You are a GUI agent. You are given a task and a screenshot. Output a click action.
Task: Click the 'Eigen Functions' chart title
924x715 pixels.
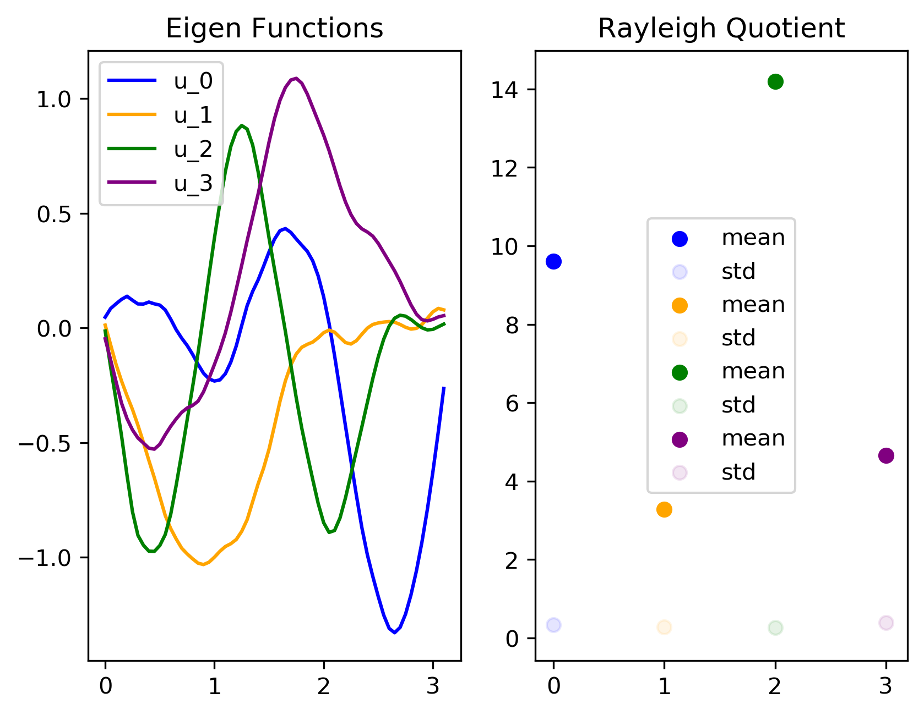[274, 29]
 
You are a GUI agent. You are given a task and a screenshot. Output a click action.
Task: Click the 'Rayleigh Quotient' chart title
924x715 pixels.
[721, 29]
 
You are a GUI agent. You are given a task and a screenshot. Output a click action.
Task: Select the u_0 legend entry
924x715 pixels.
[160, 81]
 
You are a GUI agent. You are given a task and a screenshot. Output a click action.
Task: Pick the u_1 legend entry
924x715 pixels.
[160, 115]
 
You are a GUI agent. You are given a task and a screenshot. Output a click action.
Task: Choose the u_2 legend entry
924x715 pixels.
[160, 148]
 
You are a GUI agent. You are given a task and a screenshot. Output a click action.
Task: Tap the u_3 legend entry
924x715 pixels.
[160, 183]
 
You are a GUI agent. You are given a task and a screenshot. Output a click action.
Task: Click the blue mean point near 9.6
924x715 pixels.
[553, 261]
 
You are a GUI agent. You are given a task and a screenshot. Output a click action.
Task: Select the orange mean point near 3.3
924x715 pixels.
[664, 509]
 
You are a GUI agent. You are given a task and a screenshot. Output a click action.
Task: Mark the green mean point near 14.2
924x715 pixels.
[775, 82]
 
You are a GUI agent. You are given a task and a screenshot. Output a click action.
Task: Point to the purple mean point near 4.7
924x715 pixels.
[886, 455]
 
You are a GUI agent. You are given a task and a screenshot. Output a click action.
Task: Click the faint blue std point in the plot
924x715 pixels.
[553, 625]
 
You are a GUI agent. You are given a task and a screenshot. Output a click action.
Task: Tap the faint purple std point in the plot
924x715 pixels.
[886, 623]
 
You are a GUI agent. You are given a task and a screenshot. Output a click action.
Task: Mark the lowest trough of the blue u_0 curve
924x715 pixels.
[394, 632]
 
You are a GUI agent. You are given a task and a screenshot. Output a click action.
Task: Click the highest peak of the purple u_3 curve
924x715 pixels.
[296, 78]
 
